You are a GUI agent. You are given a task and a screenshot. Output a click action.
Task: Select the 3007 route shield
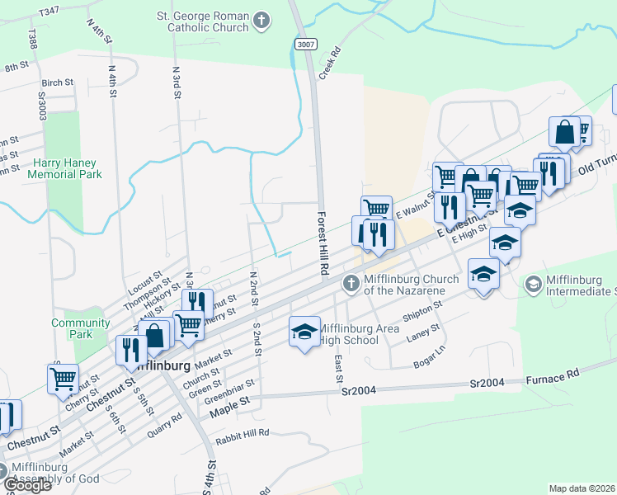coord(304,43)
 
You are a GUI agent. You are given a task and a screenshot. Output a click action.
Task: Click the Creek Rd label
coord(335,64)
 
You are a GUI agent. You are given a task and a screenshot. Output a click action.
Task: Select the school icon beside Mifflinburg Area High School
coord(304,332)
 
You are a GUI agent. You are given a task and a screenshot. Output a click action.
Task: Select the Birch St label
coord(58,83)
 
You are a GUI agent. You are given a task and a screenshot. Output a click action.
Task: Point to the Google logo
coord(26,485)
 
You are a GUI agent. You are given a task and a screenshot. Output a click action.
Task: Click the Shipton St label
coord(423,313)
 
